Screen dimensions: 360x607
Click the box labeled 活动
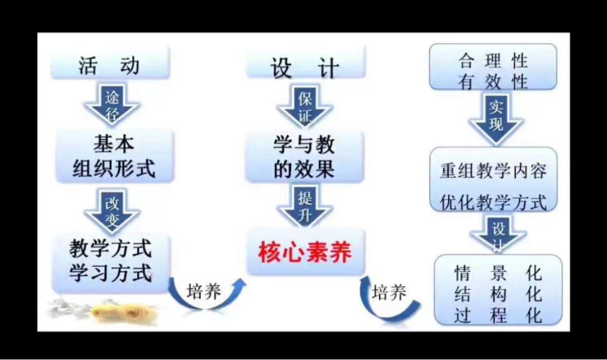tap(109, 65)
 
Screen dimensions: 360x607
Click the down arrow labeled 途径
tap(112, 105)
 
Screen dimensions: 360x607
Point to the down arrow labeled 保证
tap(305, 107)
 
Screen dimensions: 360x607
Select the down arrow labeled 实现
tap(496, 116)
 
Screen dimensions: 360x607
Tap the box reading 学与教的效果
tap(304, 157)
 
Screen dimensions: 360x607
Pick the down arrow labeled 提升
tap(305, 206)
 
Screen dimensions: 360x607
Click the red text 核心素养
tap(305, 252)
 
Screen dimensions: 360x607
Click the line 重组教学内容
tap(493, 170)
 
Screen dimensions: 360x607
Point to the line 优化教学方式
tap(493, 201)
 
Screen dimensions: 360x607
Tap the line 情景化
tap(498, 274)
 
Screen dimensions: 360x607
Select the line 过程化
tap(498, 315)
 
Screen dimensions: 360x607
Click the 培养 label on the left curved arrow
tap(203, 292)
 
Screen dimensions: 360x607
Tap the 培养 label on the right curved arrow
tap(389, 292)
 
